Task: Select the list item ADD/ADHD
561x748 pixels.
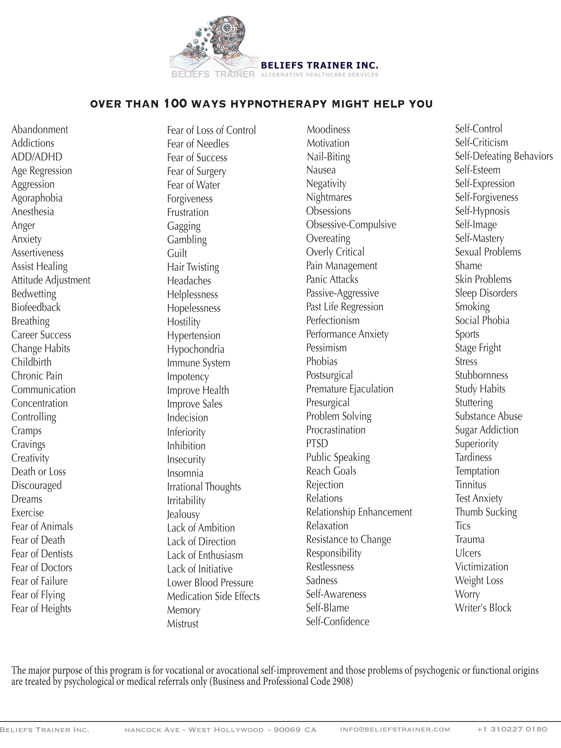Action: click(37, 157)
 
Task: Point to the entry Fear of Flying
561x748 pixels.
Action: click(38, 595)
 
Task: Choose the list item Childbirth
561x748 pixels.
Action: click(31, 362)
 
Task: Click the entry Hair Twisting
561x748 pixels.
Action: click(193, 267)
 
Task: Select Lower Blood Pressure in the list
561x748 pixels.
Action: click(210, 583)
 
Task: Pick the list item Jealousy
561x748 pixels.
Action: click(183, 514)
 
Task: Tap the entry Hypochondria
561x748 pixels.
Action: click(195, 349)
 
